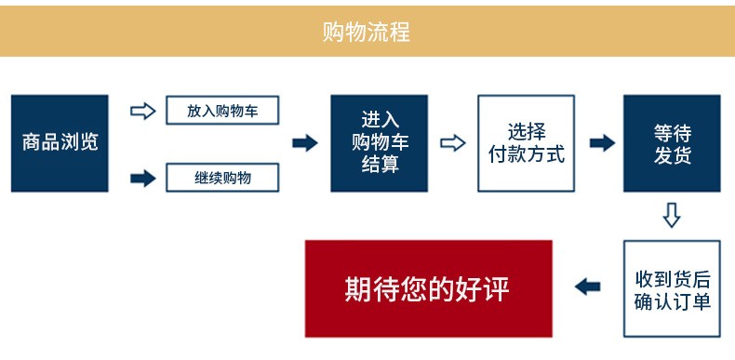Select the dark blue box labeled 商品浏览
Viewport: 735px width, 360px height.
pos(60,143)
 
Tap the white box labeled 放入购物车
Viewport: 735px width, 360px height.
pos(222,111)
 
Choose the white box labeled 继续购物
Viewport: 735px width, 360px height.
pos(222,177)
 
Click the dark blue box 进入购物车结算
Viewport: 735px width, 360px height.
pos(379,143)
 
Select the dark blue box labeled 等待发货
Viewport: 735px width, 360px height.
pos(672,143)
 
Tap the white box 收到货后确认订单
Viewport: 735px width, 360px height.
pos(672,289)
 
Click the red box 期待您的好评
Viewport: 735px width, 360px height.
pos(428,288)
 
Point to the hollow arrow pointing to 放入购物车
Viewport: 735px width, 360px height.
pos(142,111)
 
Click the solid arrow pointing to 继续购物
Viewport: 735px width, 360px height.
pos(142,177)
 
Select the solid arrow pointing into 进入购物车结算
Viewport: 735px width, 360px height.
pos(305,143)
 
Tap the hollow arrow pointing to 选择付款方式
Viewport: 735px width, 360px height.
pos(452,143)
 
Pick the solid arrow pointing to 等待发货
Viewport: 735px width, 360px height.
pos(602,143)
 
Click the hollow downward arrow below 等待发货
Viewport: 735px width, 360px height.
pos(672,215)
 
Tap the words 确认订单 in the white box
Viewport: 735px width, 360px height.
pos(672,301)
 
